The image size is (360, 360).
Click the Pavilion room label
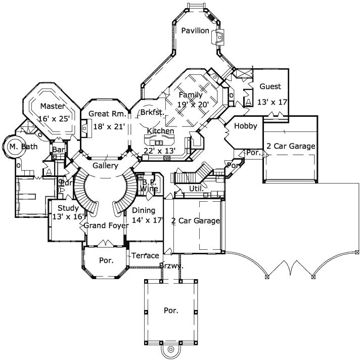click(x=195, y=31)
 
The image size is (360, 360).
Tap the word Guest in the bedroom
click(x=270, y=86)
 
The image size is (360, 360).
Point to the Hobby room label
click(x=245, y=126)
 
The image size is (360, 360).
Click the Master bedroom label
click(x=53, y=106)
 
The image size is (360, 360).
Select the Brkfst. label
click(x=152, y=112)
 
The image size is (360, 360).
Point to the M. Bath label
click(x=20, y=147)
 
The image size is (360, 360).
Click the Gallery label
click(x=105, y=165)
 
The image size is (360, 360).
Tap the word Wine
click(x=149, y=189)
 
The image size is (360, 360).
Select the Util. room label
click(x=196, y=189)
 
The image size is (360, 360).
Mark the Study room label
click(x=67, y=208)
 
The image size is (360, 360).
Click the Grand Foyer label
click(x=106, y=226)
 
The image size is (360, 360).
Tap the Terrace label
click(x=146, y=256)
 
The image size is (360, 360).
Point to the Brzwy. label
click(x=171, y=265)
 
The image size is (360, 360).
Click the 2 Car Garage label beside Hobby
click(x=291, y=146)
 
